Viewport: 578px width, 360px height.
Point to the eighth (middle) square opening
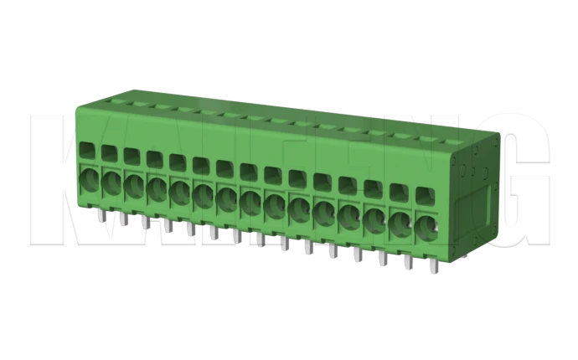pyautogui.click(x=249, y=172)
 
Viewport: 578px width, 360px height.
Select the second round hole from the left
pyautogui.click(x=111, y=183)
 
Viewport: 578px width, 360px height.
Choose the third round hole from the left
pyautogui.click(x=134, y=185)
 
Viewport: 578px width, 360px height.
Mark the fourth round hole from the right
pyautogui.click(x=349, y=217)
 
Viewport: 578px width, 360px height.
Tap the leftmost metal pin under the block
pyautogui.click(x=100, y=218)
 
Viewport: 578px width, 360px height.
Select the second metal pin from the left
pyautogui.click(x=122, y=220)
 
